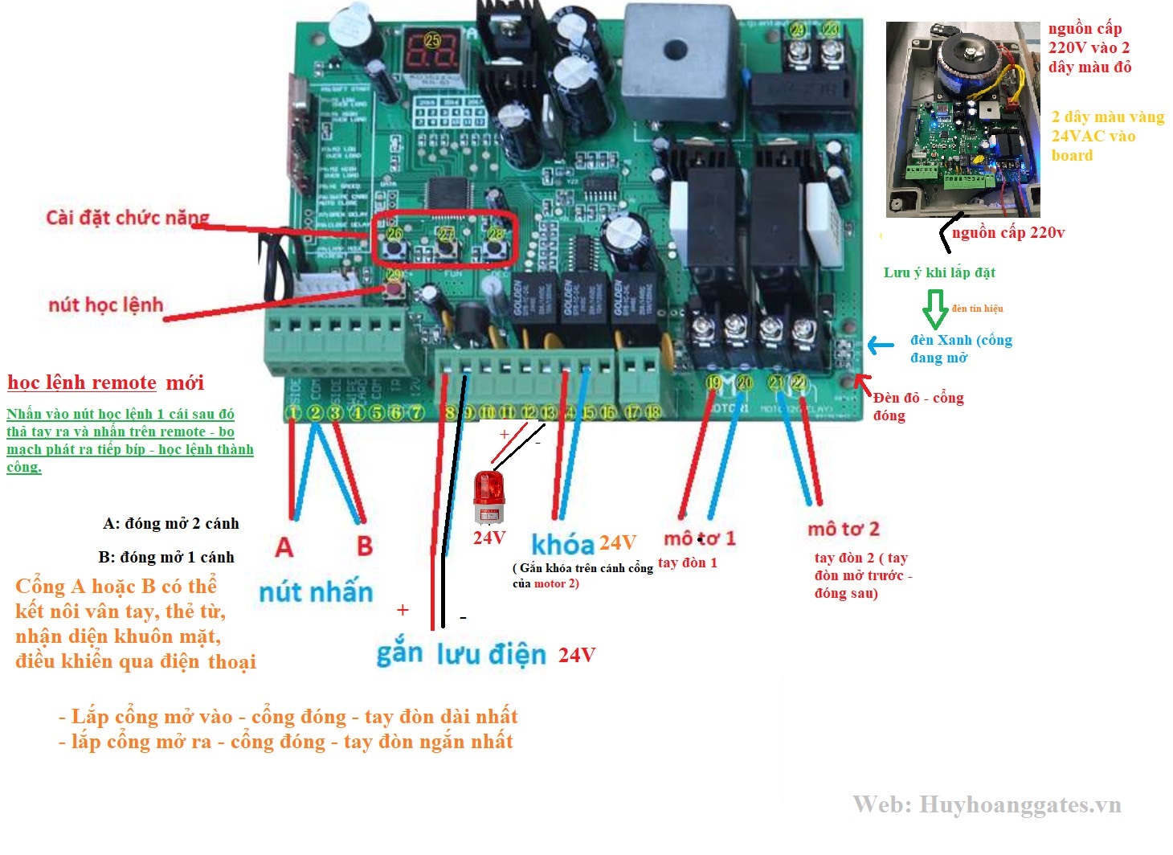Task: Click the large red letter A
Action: (284, 547)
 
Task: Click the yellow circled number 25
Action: (433, 39)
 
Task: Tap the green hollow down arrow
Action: (935, 308)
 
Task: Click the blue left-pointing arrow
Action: (880, 346)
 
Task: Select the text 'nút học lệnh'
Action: (105, 305)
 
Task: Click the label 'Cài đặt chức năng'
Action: (127, 218)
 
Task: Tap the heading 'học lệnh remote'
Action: (82, 382)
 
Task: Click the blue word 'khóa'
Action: (562, 545)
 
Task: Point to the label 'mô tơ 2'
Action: (843, 529)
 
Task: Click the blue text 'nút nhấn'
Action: (316, 592)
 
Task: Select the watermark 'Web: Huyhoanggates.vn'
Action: (987, 804)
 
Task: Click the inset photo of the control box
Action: (963, 119)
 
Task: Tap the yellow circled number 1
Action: (294, 413)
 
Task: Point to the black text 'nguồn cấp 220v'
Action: (1008, 233)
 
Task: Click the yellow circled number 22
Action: (798, 382)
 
